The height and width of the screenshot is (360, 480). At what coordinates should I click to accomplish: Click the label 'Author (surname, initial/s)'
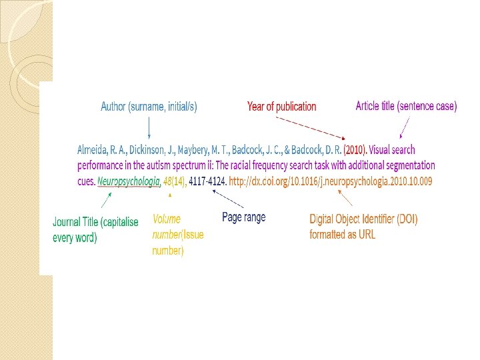click(149, 106)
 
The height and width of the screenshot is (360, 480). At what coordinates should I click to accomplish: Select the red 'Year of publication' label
click(281, 107)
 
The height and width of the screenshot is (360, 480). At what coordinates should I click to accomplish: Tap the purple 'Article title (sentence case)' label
click(406, 106)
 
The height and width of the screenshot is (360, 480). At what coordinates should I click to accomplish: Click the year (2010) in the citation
click(355, 150)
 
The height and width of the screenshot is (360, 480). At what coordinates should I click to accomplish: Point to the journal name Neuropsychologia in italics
click(129, 181)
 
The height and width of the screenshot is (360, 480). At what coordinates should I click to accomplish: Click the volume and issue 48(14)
click(175, 181)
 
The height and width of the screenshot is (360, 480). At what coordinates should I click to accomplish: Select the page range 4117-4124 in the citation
click(208, 181)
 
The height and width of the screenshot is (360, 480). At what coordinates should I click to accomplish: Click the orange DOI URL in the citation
click(330, 181)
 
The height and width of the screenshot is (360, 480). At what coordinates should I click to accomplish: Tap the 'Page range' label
click(243, 217)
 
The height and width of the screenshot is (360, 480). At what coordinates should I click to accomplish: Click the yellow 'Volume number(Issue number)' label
click(177, 235)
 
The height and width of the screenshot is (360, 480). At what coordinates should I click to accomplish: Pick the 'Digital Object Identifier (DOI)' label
click(363, 226)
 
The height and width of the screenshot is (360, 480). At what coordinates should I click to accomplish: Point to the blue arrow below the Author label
click(149, 127)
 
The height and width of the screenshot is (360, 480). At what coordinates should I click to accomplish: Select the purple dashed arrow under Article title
click(404, 126)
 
